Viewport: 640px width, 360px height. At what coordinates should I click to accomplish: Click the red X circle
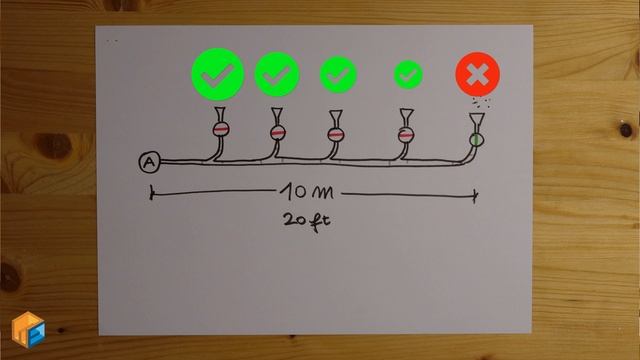[x=478, y=74]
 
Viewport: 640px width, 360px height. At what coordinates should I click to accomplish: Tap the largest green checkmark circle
[x=217, y=73]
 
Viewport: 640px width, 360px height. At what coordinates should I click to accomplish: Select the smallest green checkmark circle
[x=408, y=74]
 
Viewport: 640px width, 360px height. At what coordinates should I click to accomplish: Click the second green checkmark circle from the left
[x=277, y=73]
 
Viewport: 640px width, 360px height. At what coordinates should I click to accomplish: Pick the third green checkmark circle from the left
[x=338, y=73]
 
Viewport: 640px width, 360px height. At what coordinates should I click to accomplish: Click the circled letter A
[x=149, y=162]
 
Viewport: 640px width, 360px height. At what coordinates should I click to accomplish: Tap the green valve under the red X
[x=476, y=139]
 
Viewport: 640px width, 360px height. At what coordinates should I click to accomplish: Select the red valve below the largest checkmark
[x=220, y=129]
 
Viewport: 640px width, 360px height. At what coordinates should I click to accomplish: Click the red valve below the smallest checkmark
[x=406, y=133]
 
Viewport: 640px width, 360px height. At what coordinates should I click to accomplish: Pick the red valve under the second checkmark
[x=277, y=132]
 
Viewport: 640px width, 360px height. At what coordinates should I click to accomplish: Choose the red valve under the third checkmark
[x=337, y=133]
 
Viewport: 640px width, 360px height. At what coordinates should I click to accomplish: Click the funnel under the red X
[x=477, y=120]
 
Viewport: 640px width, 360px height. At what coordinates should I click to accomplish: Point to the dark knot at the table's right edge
[x=626, y=129]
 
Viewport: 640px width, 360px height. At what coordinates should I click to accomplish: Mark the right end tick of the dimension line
[x=476, y=194]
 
